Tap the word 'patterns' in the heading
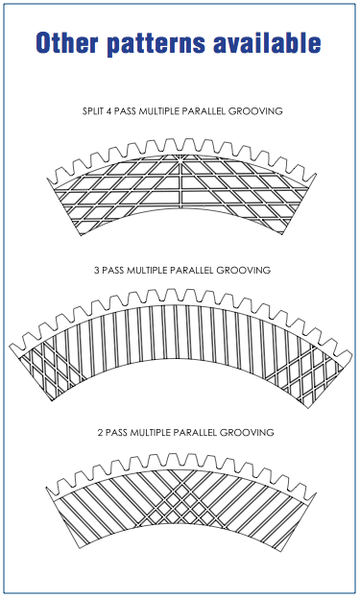[x=161, y=42]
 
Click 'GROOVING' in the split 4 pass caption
[x=255, y=112]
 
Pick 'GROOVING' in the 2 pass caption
[x=248, y=433]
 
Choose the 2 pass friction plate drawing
[x=180, y=499]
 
